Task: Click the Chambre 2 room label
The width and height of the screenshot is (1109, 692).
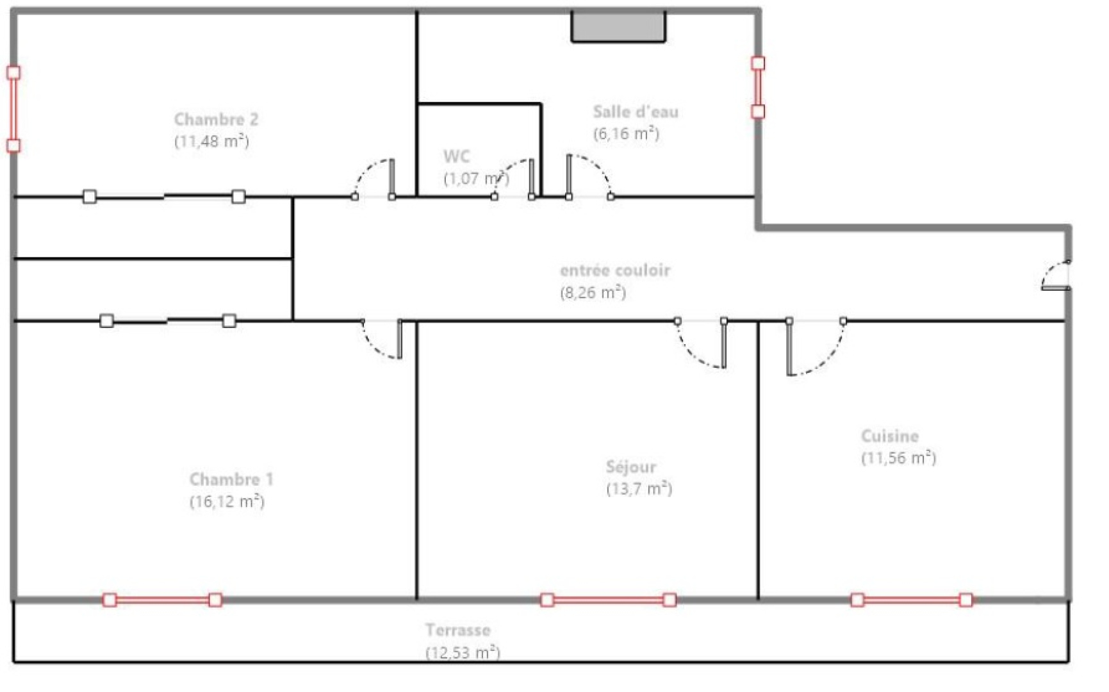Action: click(216, 119)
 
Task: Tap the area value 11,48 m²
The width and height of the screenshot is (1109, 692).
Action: click(211, 141)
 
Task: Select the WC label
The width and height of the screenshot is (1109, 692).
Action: click(456, 156)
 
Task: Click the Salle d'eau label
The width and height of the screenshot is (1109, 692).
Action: click(635, 111)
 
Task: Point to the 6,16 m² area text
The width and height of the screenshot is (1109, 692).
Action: click(626, 133)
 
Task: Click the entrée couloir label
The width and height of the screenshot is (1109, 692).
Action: click(615, 270)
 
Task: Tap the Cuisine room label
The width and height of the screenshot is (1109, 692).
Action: click(889, 436)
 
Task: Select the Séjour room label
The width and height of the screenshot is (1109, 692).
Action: click(630, 467)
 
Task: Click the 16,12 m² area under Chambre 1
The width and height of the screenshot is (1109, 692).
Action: click(227, 501)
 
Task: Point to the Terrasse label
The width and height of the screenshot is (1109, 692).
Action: click(457, 630)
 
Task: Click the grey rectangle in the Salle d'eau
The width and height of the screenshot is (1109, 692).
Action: click(618, 27)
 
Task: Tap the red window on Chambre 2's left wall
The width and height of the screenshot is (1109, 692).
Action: click(13, 109)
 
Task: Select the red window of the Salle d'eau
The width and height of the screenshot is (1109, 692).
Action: click(758, 87)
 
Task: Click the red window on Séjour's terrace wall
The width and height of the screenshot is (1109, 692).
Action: click(608, 600)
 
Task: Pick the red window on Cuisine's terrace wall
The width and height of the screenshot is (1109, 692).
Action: click(911, 600)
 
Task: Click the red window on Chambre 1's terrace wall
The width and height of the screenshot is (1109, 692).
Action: click(162, 600)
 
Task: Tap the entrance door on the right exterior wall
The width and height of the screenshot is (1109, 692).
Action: click(1055, 276)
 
